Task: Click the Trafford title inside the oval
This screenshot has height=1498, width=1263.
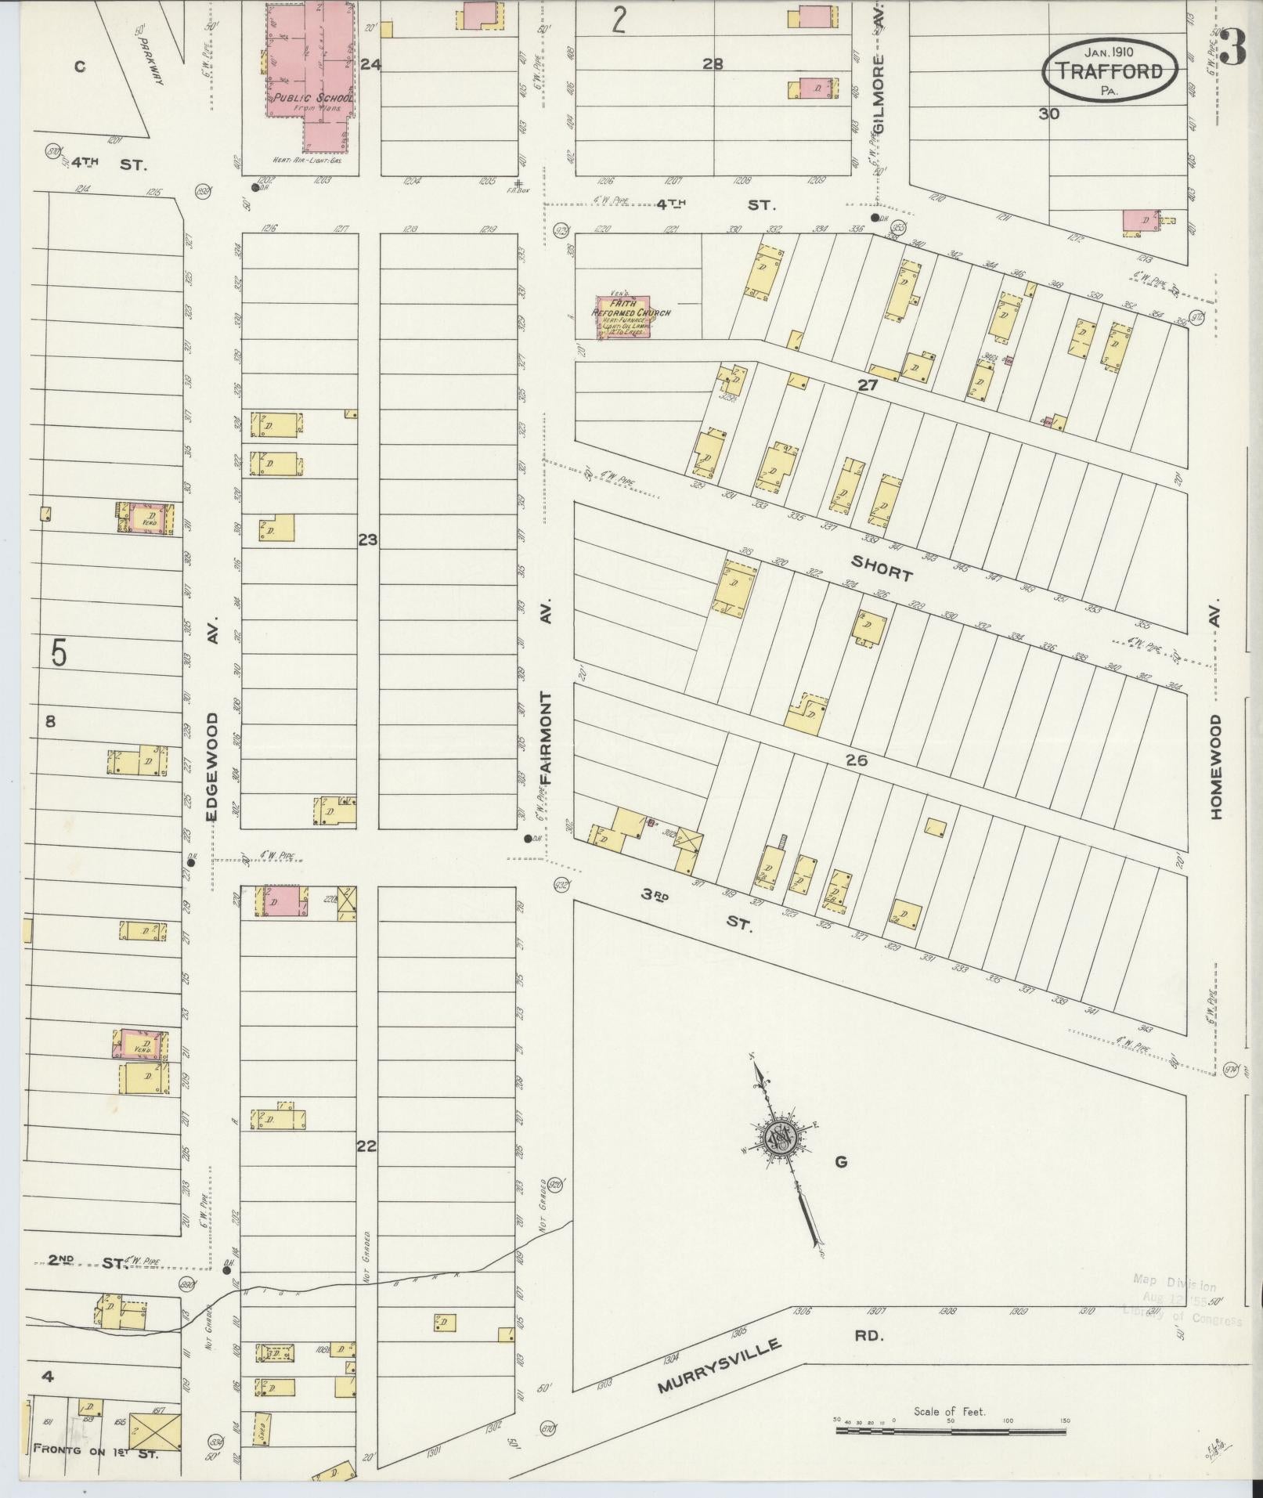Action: pos(1109,70)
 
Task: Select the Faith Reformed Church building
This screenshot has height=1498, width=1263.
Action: pos(622,317)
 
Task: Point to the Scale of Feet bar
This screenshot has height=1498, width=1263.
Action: pos(951,1430)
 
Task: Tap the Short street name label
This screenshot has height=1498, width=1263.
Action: pos(882,569)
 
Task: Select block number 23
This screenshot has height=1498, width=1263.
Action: pos(367,540)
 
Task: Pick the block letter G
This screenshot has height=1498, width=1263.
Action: pos(840,1162)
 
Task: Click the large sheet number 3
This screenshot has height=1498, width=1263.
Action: pos(1232,49)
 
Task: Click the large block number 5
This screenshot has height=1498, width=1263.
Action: pos(59,652)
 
